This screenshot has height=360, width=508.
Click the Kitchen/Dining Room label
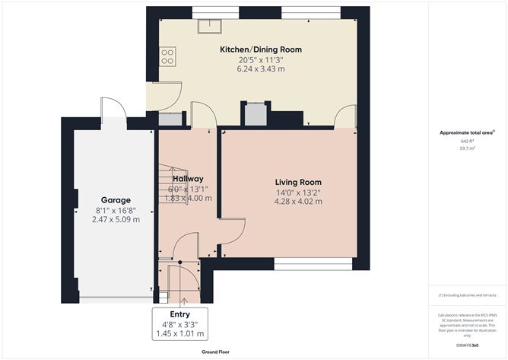pos(260,49)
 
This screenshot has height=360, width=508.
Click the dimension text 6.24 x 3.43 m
pos(260,69)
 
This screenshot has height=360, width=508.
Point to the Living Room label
pos(298,182)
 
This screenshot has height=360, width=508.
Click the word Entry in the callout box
pos(180,314)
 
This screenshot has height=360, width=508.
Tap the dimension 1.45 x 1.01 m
pos(180,333)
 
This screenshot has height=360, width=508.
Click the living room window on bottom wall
pos(313,264)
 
